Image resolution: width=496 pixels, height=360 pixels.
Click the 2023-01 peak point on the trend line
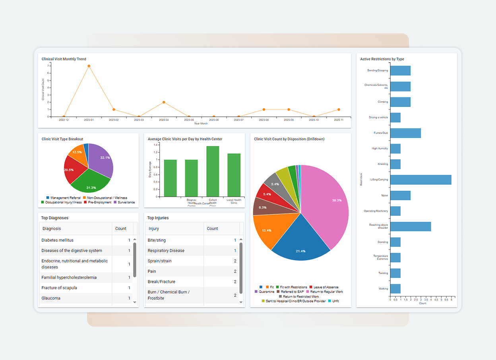click(x=89, y=66)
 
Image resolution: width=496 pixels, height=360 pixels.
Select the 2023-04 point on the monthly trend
click(x=164, y=102)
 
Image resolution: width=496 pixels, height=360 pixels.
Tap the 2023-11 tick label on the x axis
click(x=338, y=120)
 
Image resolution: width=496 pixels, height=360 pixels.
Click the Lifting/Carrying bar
click(x=420, y=180)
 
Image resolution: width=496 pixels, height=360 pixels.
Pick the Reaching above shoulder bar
click(x=410, y=226)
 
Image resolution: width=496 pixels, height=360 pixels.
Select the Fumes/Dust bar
click(x=405, y=133)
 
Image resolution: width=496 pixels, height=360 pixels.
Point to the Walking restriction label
click(x=383, y=288)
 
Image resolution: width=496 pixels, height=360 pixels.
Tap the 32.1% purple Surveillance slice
click(x=103, y=159)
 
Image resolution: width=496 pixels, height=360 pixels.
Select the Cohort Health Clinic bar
click(x=213, y=171)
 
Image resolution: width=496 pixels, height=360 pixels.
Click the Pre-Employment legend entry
click(x=99, y=202)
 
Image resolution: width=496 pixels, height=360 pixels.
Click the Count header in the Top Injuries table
click(x=212, y=228)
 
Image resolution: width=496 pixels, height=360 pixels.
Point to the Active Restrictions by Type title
click(x=382, y=59)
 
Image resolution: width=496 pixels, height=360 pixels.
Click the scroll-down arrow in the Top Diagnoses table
click(x=135, y=302)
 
